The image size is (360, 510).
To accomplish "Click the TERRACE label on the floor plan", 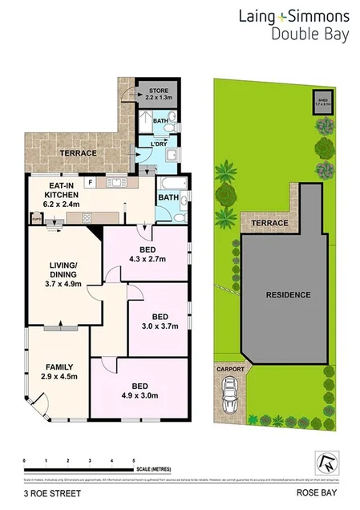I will coord(79,153).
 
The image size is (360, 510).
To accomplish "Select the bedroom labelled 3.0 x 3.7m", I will coord(159,321).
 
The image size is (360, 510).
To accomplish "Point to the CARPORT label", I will coord(231,370).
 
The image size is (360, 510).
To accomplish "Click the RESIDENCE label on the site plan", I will coord(288,294).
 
